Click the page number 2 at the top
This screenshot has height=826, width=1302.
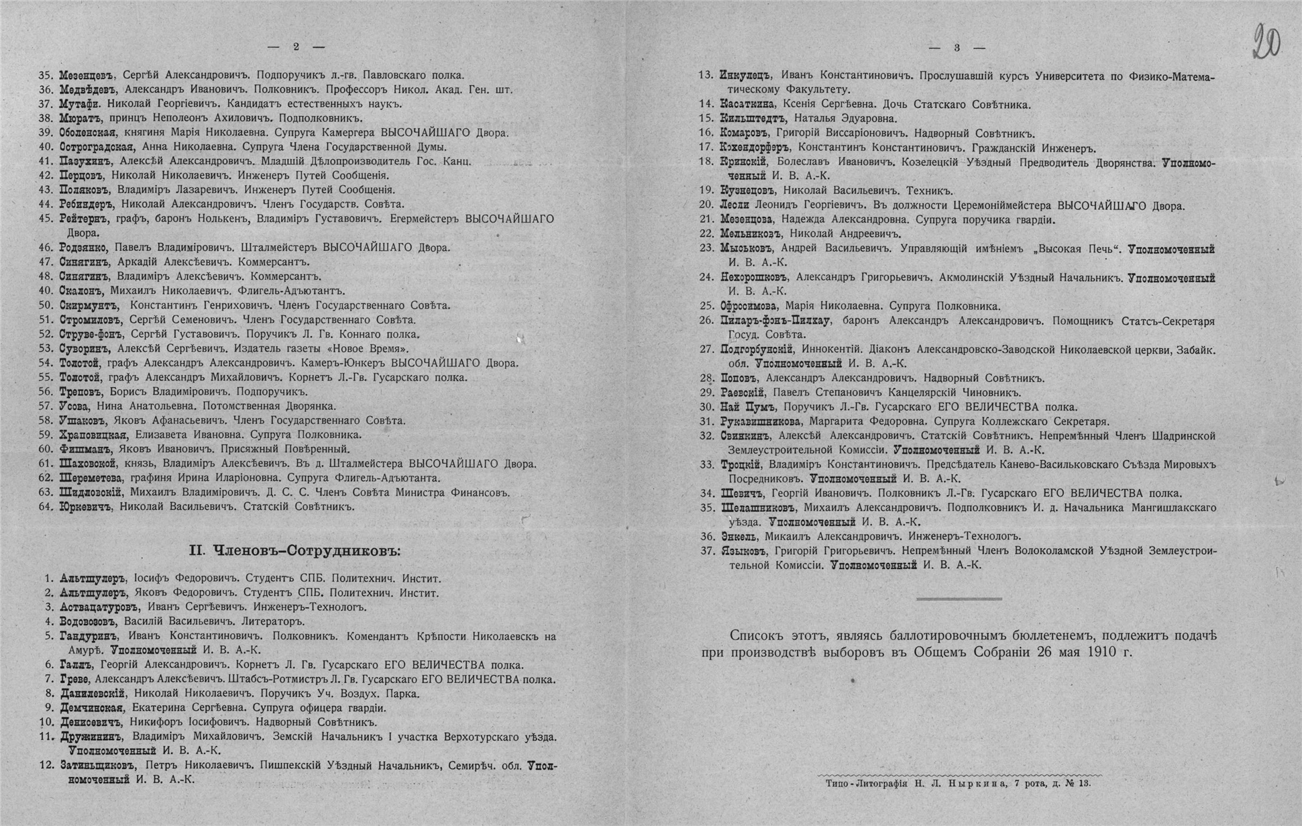point(296,47)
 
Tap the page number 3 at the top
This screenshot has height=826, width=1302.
point(957,48)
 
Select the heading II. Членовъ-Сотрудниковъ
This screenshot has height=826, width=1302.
point(294,552)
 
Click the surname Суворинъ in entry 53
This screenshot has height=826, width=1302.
point(85,349)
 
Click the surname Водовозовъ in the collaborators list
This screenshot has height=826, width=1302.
point(89,621)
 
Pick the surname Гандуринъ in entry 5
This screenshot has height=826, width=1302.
point(88,636)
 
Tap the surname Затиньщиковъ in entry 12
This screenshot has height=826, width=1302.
point(97,766)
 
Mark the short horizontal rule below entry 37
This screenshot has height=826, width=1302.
point(959,599)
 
